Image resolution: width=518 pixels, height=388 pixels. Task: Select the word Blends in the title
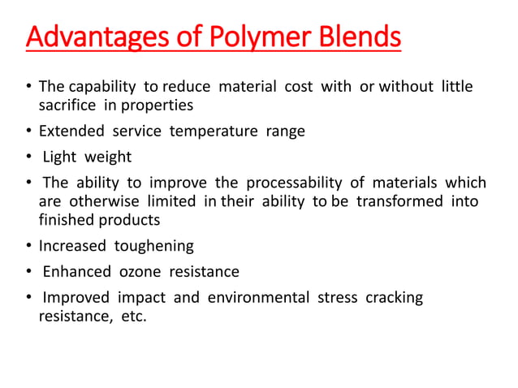(x=356, y=38)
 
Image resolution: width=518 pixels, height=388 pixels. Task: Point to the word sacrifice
(x=68, y=106)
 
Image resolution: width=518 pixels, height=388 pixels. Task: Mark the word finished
(x=68, y=220)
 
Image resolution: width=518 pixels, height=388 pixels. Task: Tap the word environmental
(x=258, y=297)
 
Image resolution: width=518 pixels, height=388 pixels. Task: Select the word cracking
(x=394, y=297)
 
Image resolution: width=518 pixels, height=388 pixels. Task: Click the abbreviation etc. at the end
(x=134, y=316)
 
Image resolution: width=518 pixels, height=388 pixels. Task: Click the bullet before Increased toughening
(x=29, y=246)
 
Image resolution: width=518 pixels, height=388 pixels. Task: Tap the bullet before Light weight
(x=29, y=157)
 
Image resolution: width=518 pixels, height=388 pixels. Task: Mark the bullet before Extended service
(x=29, y=131)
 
